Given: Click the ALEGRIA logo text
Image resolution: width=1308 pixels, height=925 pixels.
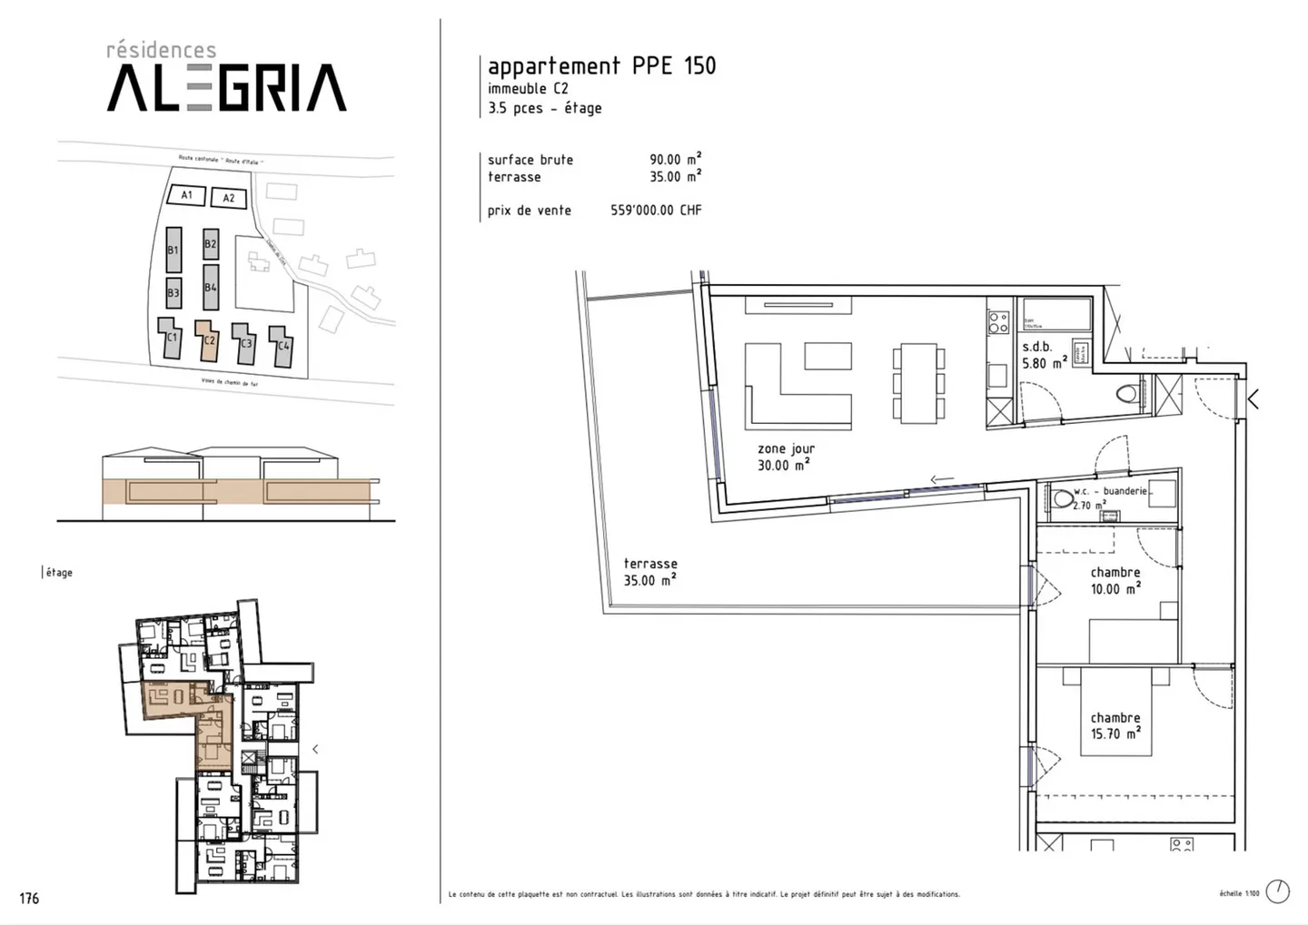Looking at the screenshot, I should (227, 88).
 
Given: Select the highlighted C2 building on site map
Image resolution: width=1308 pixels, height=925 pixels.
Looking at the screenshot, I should (209, 340).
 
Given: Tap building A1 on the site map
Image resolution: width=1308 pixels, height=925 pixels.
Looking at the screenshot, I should (186, 194).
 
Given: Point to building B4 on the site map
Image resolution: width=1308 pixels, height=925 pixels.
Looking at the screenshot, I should (211, 287).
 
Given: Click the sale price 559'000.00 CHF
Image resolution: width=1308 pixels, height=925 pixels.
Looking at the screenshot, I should (656, 210).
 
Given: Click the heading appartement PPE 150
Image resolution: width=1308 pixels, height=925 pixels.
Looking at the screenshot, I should (601, 65).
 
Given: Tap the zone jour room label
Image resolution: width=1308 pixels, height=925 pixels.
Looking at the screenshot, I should (786, 457).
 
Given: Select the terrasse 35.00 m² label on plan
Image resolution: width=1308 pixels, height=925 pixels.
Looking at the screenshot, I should (650, 572).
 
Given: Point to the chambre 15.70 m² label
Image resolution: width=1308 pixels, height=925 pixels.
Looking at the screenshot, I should (1115, 725).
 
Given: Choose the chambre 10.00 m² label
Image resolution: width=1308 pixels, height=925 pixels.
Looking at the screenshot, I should (1115, 580).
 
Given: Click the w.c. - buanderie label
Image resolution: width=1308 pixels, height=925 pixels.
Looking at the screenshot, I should (1111, 491).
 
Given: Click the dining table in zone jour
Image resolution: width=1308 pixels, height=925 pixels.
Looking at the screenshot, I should (918, 382).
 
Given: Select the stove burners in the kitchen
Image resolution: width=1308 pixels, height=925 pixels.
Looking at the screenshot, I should (998, 322).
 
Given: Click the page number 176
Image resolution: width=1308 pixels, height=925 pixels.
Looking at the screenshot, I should (29, 898).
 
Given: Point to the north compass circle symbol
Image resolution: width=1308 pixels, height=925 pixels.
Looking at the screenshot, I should (1277, 891).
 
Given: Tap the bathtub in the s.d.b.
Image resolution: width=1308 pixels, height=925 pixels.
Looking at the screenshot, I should (1054, 314).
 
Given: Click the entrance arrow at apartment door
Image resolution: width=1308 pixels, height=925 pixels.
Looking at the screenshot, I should (1253, 398).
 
